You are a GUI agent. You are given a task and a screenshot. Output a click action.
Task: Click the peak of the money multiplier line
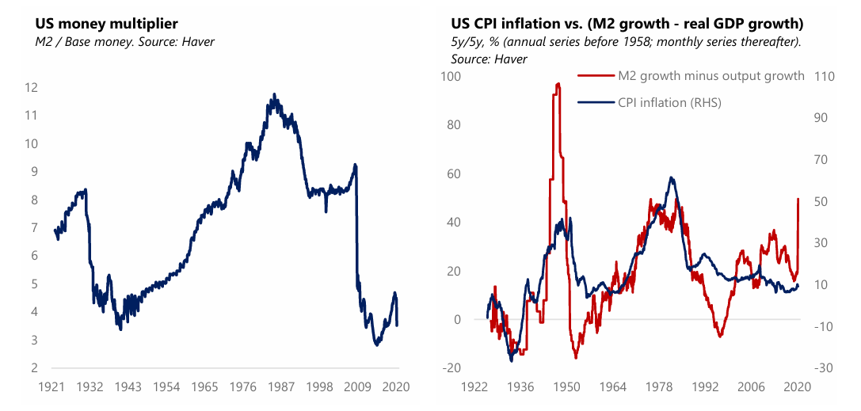(275, 94)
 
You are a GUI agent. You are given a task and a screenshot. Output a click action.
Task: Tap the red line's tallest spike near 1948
(557, 83)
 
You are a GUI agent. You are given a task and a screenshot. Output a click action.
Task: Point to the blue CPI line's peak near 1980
(672, 177)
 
